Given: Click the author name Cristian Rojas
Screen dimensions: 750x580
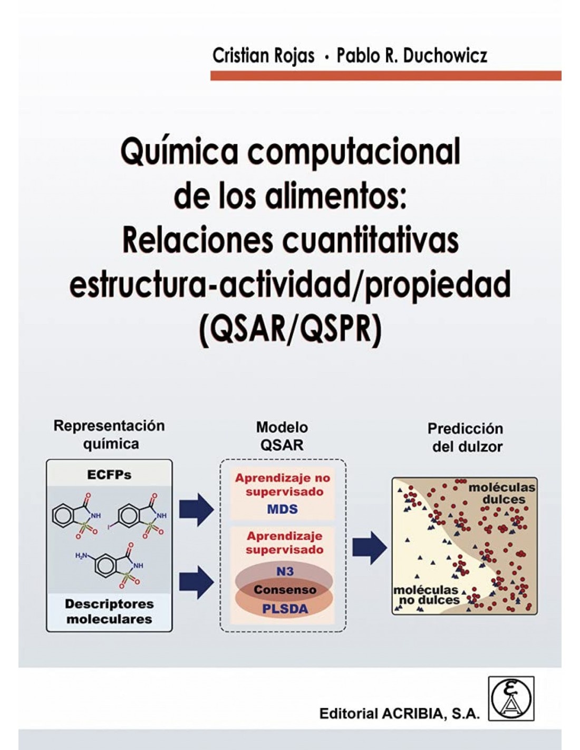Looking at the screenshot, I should coord(263,55).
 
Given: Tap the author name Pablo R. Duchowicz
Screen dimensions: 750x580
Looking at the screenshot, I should coord(412,55).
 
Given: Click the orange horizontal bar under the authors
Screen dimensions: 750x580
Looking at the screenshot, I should coord(385,76).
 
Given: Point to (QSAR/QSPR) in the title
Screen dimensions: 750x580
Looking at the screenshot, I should coord(290,329).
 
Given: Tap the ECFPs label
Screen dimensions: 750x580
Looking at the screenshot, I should coord(109,475).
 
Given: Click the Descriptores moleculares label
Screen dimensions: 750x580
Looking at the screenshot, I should coord(109,611).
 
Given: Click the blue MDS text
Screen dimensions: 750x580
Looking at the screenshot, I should coord(282,509).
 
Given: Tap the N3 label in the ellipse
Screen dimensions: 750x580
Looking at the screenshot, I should coord(285,571).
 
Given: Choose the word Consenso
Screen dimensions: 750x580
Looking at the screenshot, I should coord(285,590).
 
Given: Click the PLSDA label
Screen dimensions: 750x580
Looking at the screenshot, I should coord(285,609).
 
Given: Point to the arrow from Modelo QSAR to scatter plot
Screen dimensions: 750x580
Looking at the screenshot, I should coord(369,547).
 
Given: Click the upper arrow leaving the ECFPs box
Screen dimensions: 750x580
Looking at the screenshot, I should coord(196,509).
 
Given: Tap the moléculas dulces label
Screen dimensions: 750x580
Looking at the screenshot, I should coord(501,493).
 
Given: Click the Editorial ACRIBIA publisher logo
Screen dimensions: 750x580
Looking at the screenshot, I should coord(511,698).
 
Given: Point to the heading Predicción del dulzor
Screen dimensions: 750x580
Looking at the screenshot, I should coord(466,438).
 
